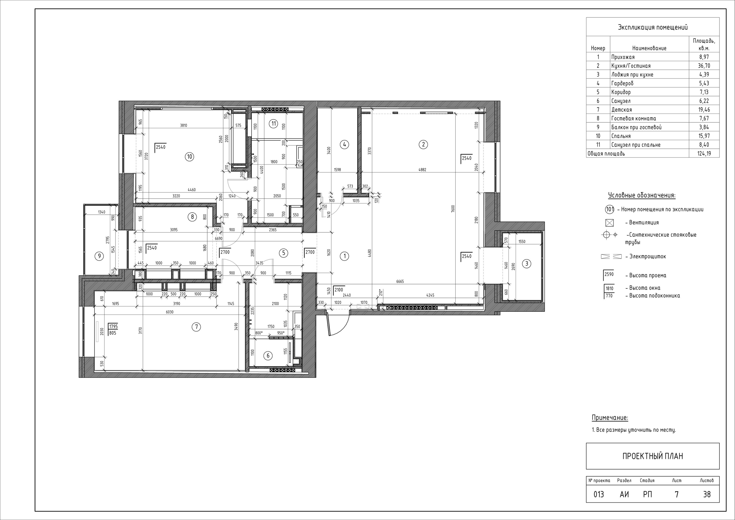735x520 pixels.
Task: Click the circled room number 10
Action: tap(189, 157)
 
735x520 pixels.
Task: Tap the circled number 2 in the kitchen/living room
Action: tap(423, 144)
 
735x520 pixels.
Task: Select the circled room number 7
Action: tap(196, 327)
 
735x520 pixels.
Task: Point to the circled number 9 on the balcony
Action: tap(100, 256)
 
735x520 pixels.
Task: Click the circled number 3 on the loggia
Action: tap(526, 264)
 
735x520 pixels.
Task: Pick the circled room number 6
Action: tap(268, 355)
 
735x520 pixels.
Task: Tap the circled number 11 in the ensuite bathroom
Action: tap(273, 123)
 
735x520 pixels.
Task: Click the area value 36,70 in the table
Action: tap(704, 66)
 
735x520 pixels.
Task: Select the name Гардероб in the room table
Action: tap(622, 83)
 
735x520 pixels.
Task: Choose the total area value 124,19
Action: tap(704, 153)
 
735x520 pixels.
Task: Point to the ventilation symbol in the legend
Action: tap(610, 223)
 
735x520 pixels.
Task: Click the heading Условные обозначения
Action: tap(641, 195)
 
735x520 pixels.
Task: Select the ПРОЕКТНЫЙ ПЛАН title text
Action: tap(652, 456)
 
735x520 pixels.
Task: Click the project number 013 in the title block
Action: tap(599, 494)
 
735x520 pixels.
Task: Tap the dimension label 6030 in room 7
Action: tap(170, 312)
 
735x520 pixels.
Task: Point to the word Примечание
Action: tap(610, 418)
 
